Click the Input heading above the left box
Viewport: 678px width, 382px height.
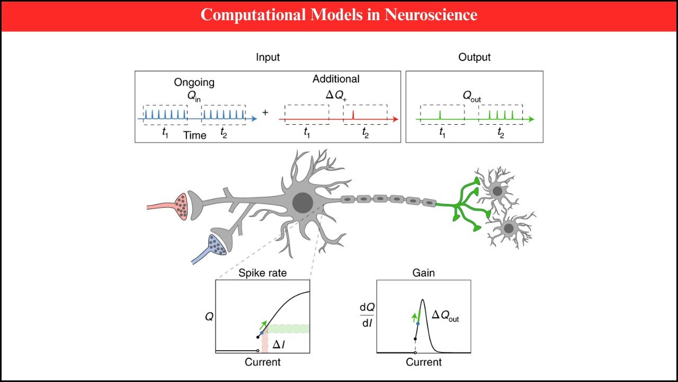pos(267,57)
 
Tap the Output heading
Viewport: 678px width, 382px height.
pos(475,57)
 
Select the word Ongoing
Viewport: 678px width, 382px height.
pos(194,82)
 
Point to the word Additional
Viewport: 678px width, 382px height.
pos(336,79)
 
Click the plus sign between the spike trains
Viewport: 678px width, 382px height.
pos(265,114)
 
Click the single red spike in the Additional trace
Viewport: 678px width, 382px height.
pos(353,116)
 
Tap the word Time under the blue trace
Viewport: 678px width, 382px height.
pos(195,135)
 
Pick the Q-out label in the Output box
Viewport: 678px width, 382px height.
pos(471,97)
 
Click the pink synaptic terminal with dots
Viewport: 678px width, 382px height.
pos(183,205)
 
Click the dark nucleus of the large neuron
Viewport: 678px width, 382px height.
pos(302,203)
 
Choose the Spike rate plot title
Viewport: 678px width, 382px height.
pos(262,273)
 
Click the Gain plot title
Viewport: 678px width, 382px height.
pos(423,273)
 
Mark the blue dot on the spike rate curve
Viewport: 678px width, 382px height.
pos(262,333)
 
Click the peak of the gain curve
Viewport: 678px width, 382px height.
pos(423,300)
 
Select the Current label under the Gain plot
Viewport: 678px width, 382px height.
pos(423,362)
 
